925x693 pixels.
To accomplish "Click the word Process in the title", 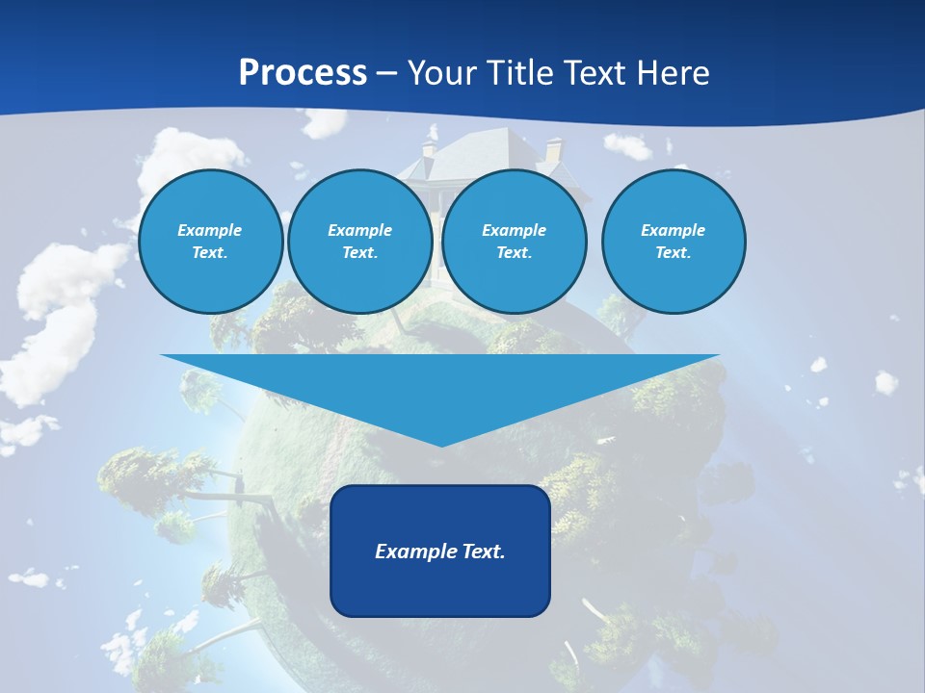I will [303, 73].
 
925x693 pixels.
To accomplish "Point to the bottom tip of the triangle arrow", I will [440, 445].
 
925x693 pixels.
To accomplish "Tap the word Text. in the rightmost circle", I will [673, 253].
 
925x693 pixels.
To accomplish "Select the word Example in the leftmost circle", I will [210, 230].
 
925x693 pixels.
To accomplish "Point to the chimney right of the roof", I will [554, 150].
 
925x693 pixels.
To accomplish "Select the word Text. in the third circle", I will [514, 253].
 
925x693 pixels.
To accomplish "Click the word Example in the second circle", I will [359, 230].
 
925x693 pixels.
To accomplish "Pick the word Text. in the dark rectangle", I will [481, 552].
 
